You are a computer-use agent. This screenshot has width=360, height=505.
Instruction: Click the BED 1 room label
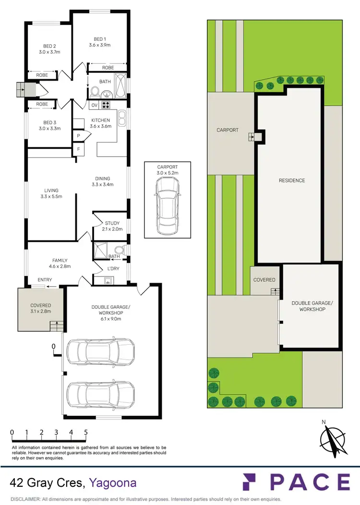(99, 38)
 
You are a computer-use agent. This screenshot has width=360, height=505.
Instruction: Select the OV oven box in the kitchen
(94, 105)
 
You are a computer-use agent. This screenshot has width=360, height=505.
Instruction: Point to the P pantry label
(78, 136)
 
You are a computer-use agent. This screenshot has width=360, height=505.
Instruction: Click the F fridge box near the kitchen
(78, 150)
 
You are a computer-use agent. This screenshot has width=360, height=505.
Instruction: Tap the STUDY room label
(112, 223)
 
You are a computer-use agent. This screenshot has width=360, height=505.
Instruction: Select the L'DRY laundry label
(113, 269)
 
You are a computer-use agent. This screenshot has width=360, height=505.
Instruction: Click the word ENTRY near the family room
(45, 280)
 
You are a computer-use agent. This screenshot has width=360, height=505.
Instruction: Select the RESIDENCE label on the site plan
(292, 180)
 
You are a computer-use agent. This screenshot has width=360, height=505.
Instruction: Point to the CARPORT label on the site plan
(228, 130)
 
